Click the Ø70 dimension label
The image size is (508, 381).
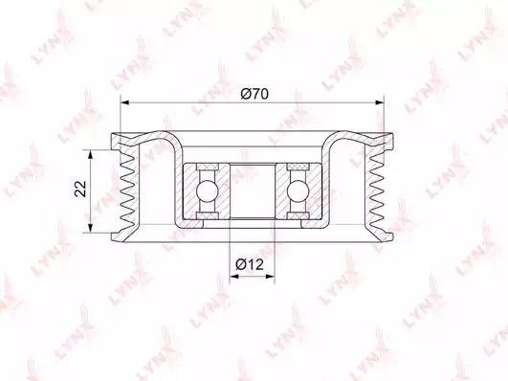click(x=254, y=95)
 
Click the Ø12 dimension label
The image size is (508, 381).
click(x=250, y=264)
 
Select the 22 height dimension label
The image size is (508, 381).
click(x=80, y=189)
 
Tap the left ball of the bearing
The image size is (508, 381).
click(x=207, y=191)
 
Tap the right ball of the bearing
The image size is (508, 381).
click(x=298, y=191)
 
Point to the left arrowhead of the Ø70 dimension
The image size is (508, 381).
click(x=124, y=102)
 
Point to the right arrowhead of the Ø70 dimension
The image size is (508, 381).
click(x=380, y=102)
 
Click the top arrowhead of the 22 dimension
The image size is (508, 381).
click(x=90, y=155)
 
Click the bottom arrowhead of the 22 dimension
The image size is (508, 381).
click(x=90, y=228)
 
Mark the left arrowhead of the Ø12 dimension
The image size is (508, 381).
click(x=234, y=277)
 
